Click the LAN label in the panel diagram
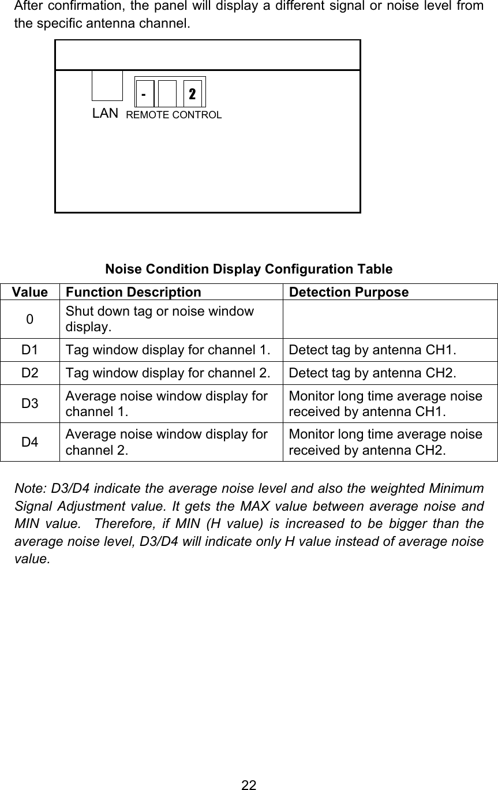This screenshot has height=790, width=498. pyautogui.click(x=106, y=113)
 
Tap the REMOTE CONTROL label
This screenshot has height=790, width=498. pyautogui.click(x=174, y=115)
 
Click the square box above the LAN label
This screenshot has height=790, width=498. pyautogui.click(x=107, y=85)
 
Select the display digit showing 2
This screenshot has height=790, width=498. pyautogui.click(x=193, y=93)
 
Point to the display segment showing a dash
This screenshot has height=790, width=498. pyautogui.click(x=144, y=93)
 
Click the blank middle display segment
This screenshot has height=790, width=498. pyautogui.click(x=167, y=93)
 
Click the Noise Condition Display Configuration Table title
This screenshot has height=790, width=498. pyautogui.click(x=249, y=269)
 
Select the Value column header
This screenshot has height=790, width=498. pyautogui.click(x=29, y=292)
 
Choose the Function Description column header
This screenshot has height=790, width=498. pyautogui.click(x=133, y=292)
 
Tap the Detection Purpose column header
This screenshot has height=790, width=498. pyautogui.click(x=349, y=292)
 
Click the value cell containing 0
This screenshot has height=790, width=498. pyautogui.click(x=29, y=319)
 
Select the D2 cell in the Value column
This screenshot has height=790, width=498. pyautogui.click(x=29, y=373)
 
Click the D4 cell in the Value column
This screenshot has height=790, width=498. pyautogui.click(x=29, y=442)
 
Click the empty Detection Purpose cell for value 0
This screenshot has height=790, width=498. pyautogui.click(x=390, y=319)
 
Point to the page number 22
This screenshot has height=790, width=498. pyautogui.click(x=249, y=784)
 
